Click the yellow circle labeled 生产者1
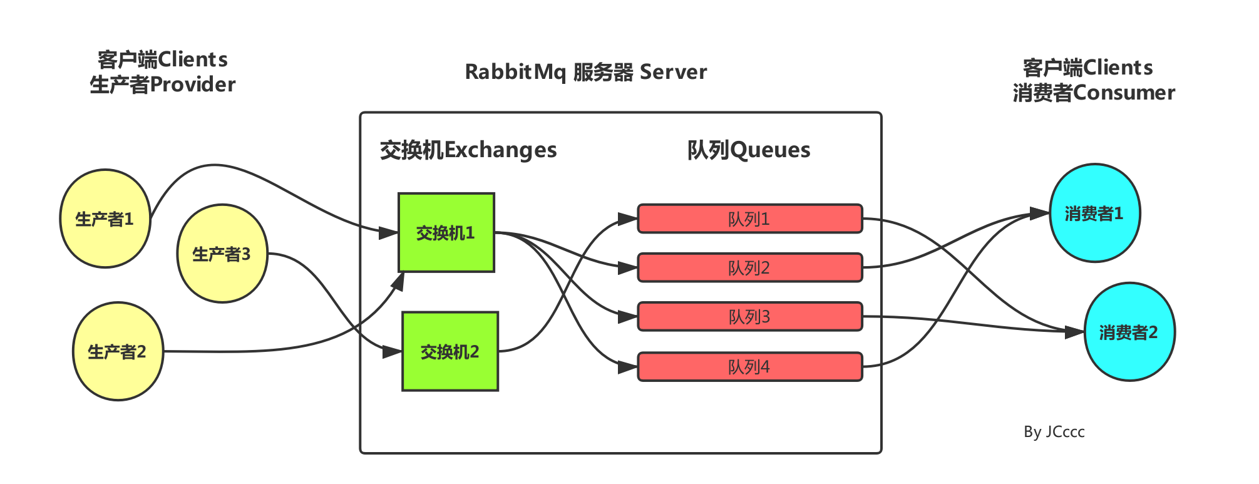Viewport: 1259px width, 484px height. pyautogui.click(x=105, y=219)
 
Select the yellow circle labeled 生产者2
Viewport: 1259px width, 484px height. pyautogui.click(x=118, y=351)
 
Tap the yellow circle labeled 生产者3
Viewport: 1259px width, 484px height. pyautogui.click(x=222, y=254)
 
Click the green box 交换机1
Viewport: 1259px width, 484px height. pyautogui.click(x=446, y=232)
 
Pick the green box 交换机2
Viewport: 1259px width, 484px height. pyautogui.click(x=450, y=351)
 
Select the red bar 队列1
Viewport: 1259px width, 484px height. pyautogui.click(x=749, y=219)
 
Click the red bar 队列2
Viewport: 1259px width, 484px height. pyautogui.click(x=749, y=267)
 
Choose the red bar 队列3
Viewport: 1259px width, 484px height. pyautogui.click(x=749, y=316)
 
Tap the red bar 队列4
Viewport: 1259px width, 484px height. pyautogui.click(x=749, y=366)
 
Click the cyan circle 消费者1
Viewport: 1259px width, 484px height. pyautogui.click(x=1094, y=214)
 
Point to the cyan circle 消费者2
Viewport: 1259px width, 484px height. pyautogui.click(x=1129, y=332)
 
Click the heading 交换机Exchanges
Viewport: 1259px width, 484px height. pyautogui.click(x=468, y=150)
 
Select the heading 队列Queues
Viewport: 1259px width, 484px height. pyautogui.click(x=748, y=150)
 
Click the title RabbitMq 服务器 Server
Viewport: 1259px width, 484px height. pyautogui.click(x=585, y=72)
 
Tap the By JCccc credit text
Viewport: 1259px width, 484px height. pyautogui.click(x=1054, y=432)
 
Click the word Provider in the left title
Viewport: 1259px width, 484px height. pyautogui.click(x=193, y=85)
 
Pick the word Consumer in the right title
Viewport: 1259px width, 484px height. pyautogui.click(x=1124, y=93)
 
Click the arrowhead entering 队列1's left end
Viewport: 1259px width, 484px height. pyautogui.click(x=627, y=219)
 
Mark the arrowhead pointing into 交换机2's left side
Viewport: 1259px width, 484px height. pyautogui.click(x=391, y=353)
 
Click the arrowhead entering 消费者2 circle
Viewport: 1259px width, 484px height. pyautogui.click(x=1074, y=332)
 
